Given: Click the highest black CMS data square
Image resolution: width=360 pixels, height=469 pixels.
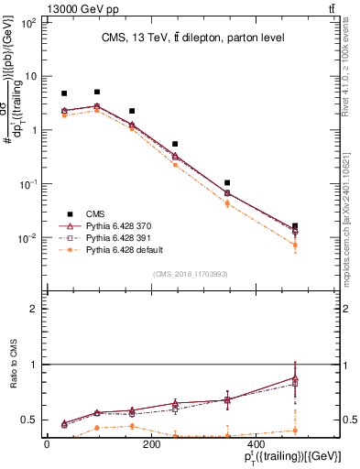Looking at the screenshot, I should (97, 92).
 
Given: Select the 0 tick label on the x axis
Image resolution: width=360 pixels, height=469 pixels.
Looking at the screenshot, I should (48, 443).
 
